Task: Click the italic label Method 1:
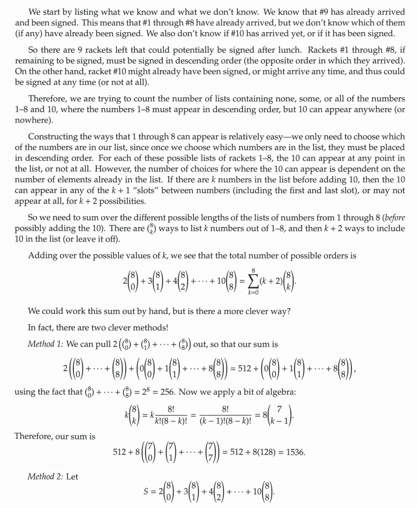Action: point(46,344)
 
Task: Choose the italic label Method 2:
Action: point(46,477)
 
